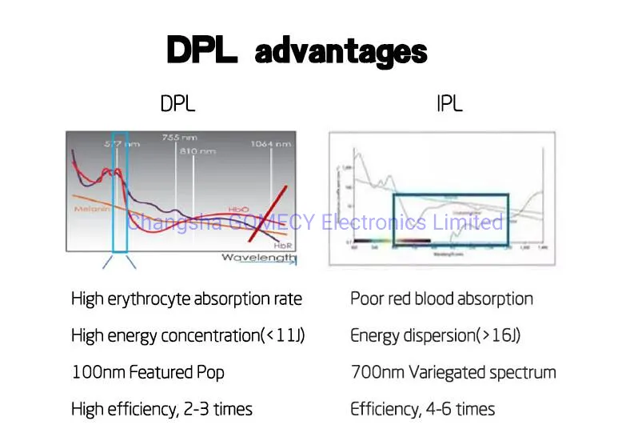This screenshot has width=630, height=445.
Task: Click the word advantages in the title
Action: click(x=341, y=53)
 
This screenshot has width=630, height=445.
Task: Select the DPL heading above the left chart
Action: click(x=177, y=104)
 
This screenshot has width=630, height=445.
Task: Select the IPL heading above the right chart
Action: click(x=450, y=104)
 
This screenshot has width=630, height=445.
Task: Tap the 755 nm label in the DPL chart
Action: click(x=180, y=138)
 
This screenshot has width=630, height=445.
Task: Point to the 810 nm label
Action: click(x=197, y=150)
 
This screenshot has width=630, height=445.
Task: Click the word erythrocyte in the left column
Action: click(x=148, y=299)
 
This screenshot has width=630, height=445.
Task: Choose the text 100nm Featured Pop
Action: click(x=148, y=373)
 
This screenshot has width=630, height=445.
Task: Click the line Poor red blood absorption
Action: click(x=441, y=299)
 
